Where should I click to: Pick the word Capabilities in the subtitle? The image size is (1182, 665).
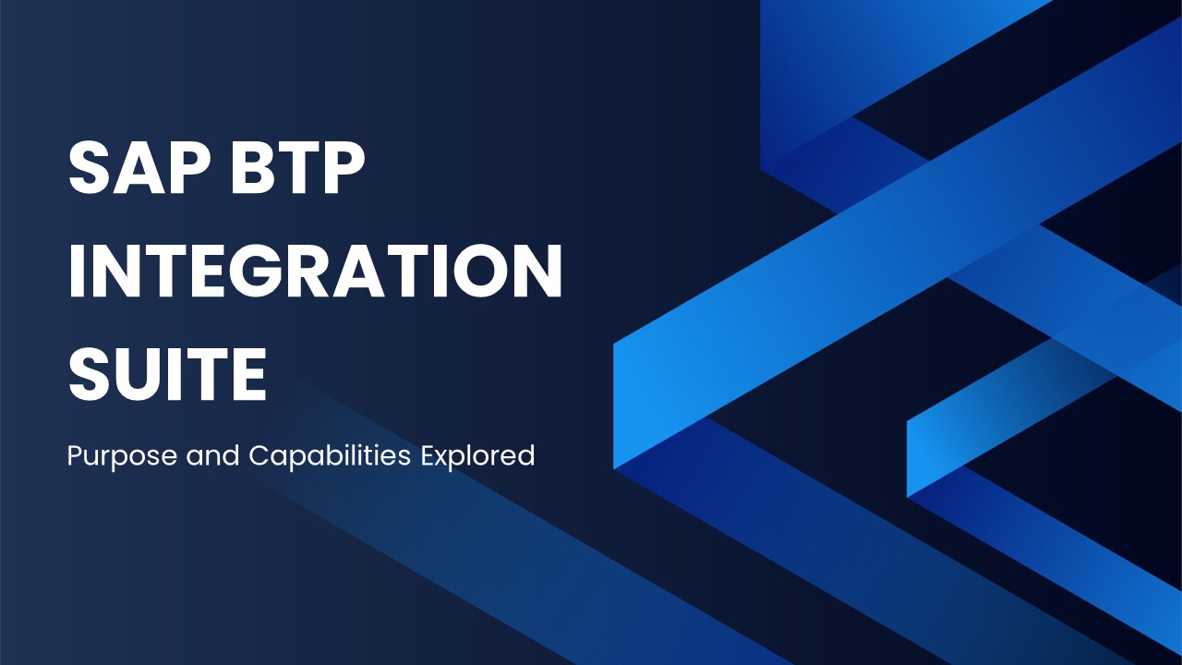[332, 456]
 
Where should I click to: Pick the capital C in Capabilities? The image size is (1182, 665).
[259, 455]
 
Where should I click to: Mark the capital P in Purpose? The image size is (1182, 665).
[75, 455]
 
